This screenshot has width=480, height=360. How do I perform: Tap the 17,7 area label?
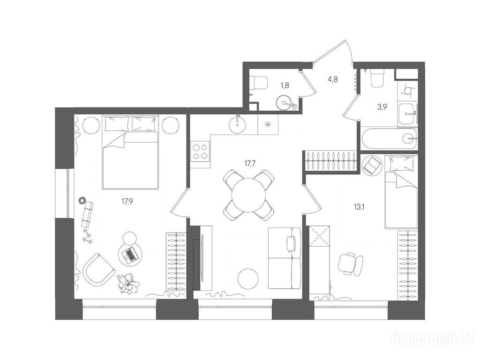tap(250, 163)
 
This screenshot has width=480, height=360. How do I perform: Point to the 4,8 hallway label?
tap(333, 79)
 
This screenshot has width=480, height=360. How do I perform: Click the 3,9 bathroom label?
tap(382, 107)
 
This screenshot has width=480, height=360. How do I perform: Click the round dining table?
tap(249, 195)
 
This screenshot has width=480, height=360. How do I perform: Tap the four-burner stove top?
tap(200, 151)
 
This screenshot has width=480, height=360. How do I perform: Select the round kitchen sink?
tap(238, 124)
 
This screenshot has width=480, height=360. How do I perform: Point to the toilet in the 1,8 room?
tap(258, 82)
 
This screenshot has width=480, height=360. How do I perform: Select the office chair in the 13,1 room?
tap(351, 263)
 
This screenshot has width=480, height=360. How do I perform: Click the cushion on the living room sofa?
tap(292, 243)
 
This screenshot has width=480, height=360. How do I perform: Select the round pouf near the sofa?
tap(248, 278)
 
